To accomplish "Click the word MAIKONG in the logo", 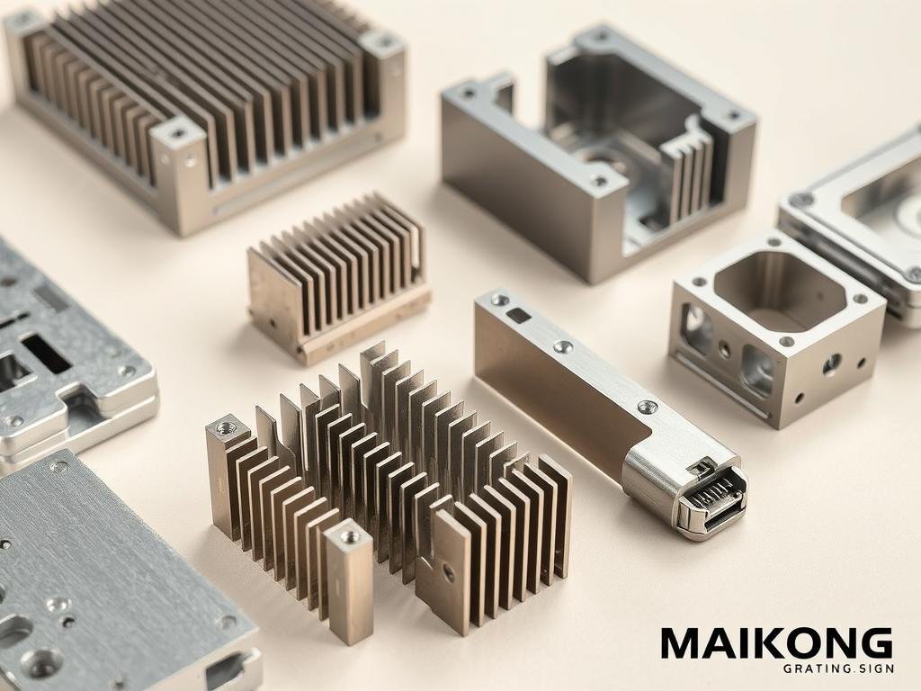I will [x=776, y=643].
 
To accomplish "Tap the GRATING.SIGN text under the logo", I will [x=838, y=669].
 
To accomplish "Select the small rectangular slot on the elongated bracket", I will [x=518, y=315].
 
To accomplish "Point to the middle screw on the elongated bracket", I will [x=563, y=346].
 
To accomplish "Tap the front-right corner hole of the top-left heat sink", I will [x=176, y=134].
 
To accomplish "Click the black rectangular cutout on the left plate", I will [x=44, y=354].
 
